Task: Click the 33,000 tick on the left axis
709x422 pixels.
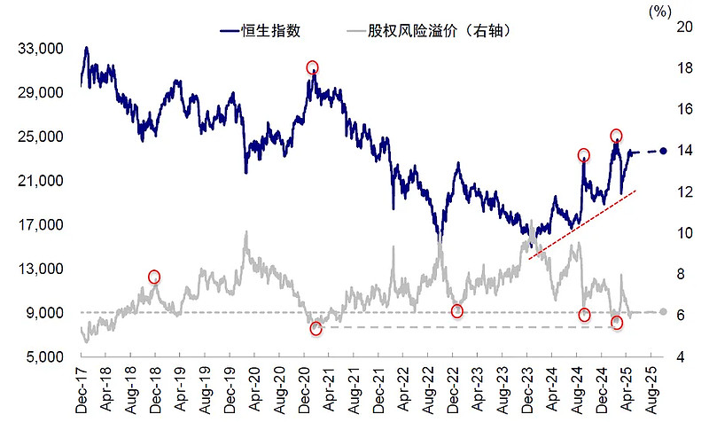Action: (x=41, y=48)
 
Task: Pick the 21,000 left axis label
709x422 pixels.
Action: (x=41, y=180)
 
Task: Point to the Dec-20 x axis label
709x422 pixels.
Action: (x=304, y=387)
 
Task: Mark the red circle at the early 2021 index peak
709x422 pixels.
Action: (x=312, y=68)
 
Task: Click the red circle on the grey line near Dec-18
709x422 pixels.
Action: (x=154, y=277)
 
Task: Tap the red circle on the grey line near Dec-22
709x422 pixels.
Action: (x=457, y=311)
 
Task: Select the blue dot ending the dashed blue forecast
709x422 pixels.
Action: (x=663, y=151)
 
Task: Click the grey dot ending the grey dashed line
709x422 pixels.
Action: (x=663, y=312)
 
